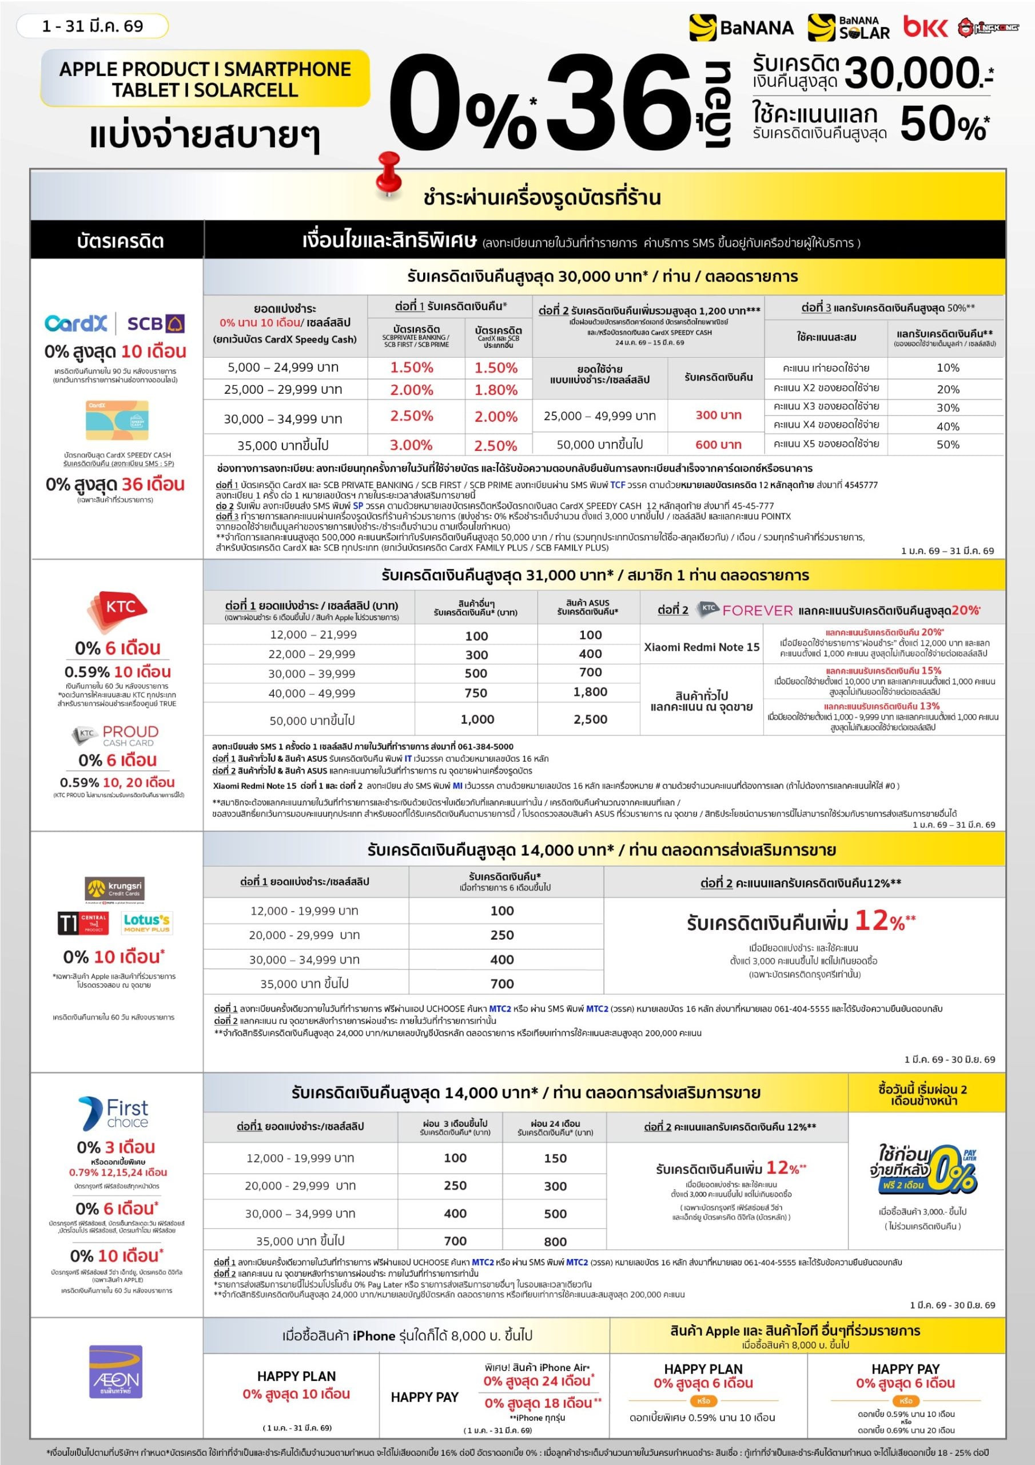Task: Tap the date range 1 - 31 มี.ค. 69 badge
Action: [93, 26]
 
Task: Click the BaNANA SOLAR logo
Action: [848, 27]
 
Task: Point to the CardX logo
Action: [76, 323]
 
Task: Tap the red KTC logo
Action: [118, 607]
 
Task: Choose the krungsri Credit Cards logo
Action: [115, 888]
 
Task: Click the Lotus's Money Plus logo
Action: [147, 922]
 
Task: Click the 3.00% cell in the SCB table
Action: [411, 445]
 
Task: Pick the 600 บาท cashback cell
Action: [718, 444]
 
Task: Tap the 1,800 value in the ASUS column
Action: [590, 692]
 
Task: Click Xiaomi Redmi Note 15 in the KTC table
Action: [702, 647]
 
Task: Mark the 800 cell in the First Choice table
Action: [555, 1241]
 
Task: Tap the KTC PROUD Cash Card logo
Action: [117, 734]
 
